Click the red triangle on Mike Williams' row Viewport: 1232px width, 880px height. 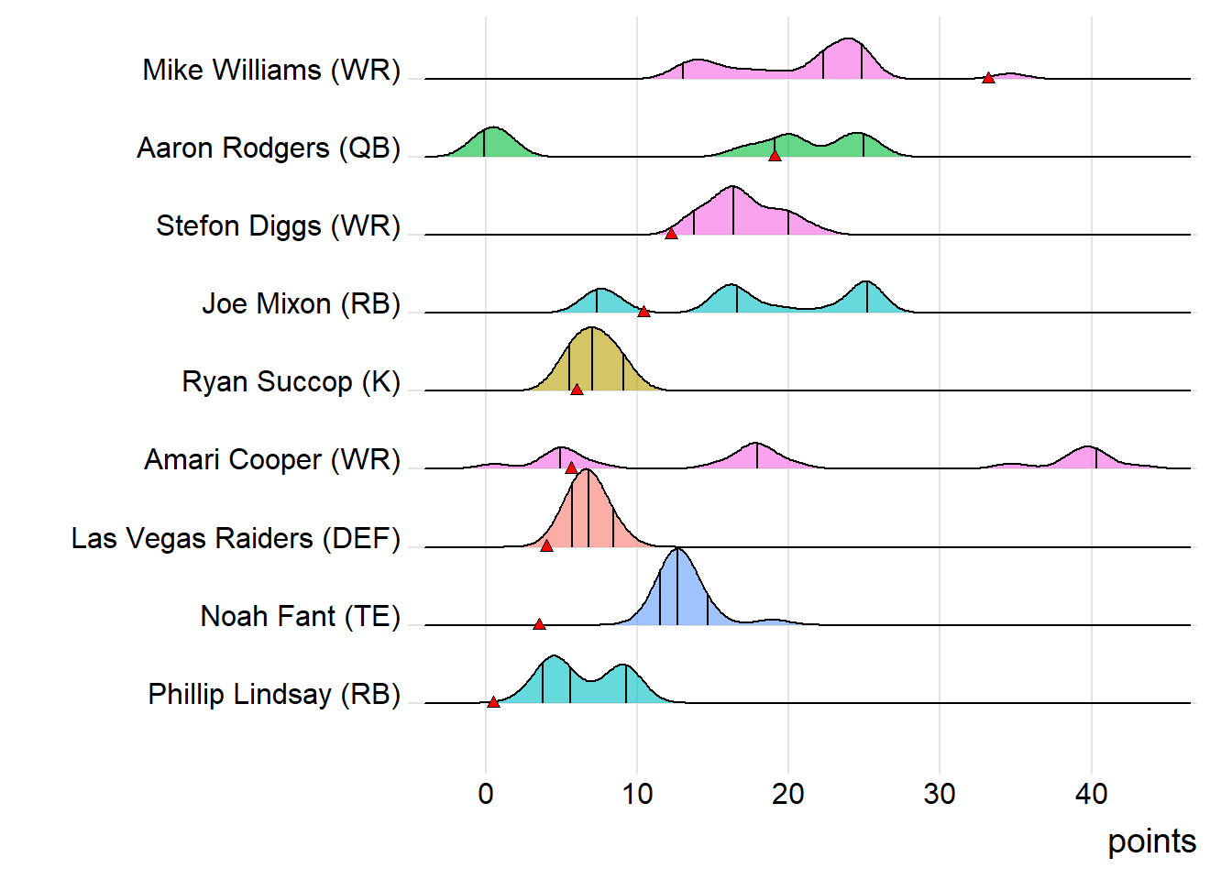[x=988, y=78]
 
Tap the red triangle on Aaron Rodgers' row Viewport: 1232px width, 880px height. [x=775, y=156]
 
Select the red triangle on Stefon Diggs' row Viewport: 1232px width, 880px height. [x=671, y=234]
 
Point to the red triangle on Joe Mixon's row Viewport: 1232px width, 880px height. [x=643, y=312]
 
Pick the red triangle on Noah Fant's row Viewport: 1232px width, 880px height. [x=539, y=624]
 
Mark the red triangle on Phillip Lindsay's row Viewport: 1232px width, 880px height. [x=493, y=702]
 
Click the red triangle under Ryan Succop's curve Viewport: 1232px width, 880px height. [x=577, y=390]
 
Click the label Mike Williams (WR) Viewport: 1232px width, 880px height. [x=271, y=70]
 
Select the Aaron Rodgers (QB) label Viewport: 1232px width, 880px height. [x=269, y=148]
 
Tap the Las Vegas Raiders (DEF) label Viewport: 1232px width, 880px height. [x=236, y=538]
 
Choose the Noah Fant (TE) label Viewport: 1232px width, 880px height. [x=301, y=616]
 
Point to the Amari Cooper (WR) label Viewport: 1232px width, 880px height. [x=272, y=459]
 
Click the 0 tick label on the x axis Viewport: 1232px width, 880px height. [x=486, y=794]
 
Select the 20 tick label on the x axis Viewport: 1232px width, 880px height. [x=787, y=794]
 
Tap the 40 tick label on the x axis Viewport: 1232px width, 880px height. [x=1091, y=794]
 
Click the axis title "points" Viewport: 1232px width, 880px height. [x=1151, y=841]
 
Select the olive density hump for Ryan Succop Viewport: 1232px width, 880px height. [x=593, y=362]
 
